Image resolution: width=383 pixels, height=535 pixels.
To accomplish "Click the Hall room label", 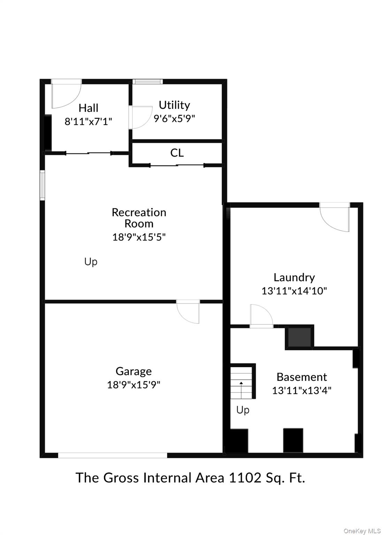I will [x=88, y=108].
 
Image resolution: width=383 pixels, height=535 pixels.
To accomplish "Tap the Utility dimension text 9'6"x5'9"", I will [x=174, y=118].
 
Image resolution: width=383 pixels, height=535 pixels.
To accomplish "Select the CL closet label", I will [x=177, y=153].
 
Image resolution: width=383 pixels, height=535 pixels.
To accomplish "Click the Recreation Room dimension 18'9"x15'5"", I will [x=139, y=237].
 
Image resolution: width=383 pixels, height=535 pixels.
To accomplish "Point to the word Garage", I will [x=133, y=371].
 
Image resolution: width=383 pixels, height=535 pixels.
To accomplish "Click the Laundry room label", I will [x=294, y=278].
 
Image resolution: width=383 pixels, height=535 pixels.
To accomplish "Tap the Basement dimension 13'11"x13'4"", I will [x=301, y=390].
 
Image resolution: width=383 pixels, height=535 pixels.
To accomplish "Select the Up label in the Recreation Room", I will [x=91, y=262].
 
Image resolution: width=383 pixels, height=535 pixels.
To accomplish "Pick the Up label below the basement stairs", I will [x=243, y=410].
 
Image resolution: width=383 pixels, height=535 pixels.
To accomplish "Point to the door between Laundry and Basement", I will [x=261, y=316].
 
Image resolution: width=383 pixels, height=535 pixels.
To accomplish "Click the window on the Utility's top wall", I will [x=149, y=82].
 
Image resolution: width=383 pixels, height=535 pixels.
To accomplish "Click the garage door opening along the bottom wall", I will [x=113, y=455].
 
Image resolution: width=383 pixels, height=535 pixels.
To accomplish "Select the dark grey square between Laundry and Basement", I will [x=299, y=337].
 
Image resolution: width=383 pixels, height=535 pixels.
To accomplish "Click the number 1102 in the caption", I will [x=245, y=478].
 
